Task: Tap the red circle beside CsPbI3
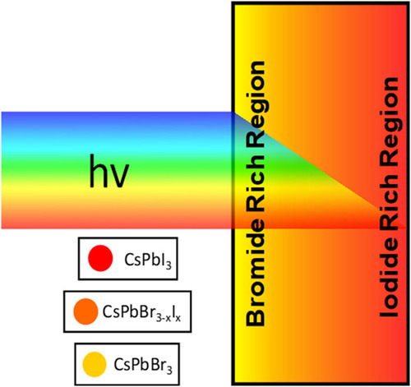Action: tap(100, 258)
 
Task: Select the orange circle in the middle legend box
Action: tap(85, 311)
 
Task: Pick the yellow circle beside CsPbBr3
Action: tap(95, 364)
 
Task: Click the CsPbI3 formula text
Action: tap(148, 260)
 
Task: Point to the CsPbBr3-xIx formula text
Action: tap(141, 312)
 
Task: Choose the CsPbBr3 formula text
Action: tap(143, 365)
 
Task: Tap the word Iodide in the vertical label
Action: tap(389, 280)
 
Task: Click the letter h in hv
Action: tap(98, 170)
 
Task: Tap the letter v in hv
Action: tap(119, 176)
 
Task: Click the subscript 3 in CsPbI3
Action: tap(169, 265)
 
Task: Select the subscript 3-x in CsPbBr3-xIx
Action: tap(164, 318)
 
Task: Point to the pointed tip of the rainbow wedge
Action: tap(406, 228)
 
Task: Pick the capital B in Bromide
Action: tap(256, 317)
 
